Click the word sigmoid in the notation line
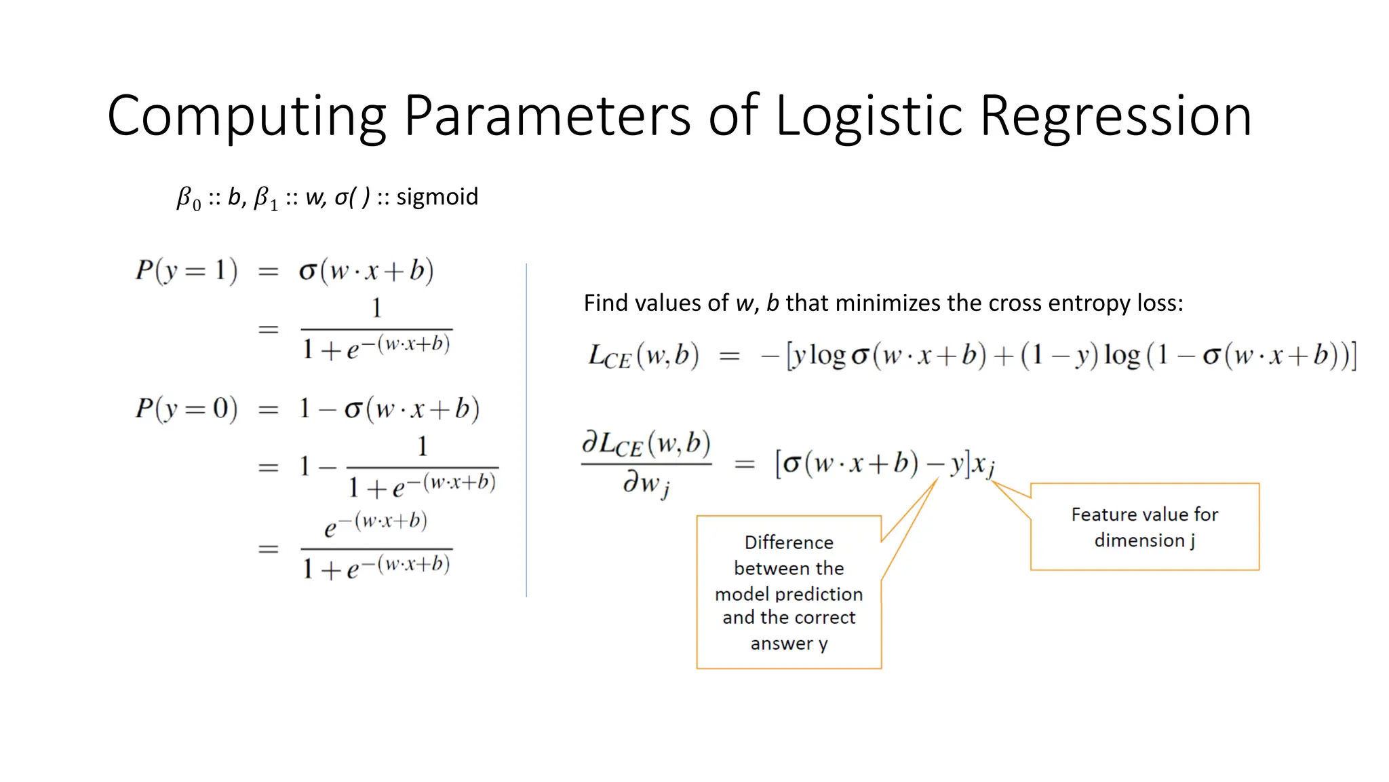(437, 197)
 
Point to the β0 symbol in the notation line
(189, 198)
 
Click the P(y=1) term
(187, 271)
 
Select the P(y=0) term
(187, 409)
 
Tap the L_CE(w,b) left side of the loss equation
(643, 356)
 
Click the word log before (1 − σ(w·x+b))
(1122, 356)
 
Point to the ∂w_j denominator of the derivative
(646, 484)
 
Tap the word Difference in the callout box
(789, 542)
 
